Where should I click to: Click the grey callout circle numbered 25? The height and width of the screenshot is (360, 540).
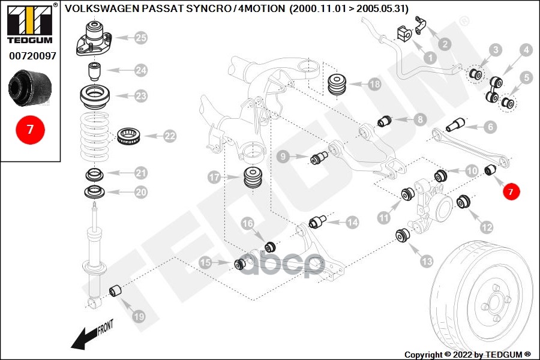pyautogui.click(x=140, y=38)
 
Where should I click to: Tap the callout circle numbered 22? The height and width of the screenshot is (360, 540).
pyautogui.click(x=170, y=136)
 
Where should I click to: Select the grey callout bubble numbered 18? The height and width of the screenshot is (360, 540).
pyautogui.click(x=374, y=84)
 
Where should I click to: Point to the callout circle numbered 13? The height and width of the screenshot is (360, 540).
pyautogui.click(x=427, y=261)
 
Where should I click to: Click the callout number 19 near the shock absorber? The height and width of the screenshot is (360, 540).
pyautogui.click(x=138, y=316)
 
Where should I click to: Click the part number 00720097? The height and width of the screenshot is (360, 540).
pyautogui.click(x=32, y=56)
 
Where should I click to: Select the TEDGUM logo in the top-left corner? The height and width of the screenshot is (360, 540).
pyautogui.click(x=30, y=23)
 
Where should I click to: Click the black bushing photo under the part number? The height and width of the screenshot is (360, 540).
pyautogui.click(x=30, y=87)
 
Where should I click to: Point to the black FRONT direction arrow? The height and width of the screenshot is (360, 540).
pyautogui.click(x=90, y=335)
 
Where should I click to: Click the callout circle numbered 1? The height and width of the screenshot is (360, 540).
pyautogui.click(x=430, y=58)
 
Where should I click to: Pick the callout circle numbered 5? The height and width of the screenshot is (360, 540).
pyautogui.click(x=526, y=77)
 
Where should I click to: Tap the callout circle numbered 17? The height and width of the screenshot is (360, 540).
pyautogui.click(x=215, y=177)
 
